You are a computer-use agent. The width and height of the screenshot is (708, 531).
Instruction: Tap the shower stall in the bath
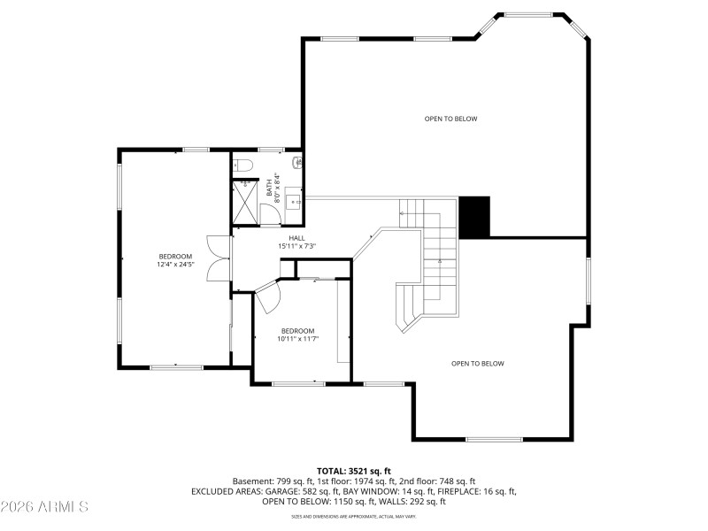coord(245,203)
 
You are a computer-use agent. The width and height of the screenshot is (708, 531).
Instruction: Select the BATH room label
coord(270,189)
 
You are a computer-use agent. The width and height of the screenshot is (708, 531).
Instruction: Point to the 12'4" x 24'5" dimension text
coord(174,264)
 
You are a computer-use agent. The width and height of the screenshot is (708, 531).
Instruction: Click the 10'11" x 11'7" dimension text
coord(297,338)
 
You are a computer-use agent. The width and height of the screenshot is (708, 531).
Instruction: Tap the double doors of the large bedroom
coord(215,258)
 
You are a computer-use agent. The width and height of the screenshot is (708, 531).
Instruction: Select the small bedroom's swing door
coord(269,296)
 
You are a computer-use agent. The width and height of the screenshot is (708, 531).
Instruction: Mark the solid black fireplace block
coord(473,217)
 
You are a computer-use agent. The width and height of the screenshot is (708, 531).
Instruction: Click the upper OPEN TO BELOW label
coord(450,119)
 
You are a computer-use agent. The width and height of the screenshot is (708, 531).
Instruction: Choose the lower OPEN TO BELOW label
coord(477,363)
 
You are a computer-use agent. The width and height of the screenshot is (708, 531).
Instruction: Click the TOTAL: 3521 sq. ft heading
coord(353,471)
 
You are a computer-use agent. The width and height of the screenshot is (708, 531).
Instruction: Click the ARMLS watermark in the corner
coord(44,507)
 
